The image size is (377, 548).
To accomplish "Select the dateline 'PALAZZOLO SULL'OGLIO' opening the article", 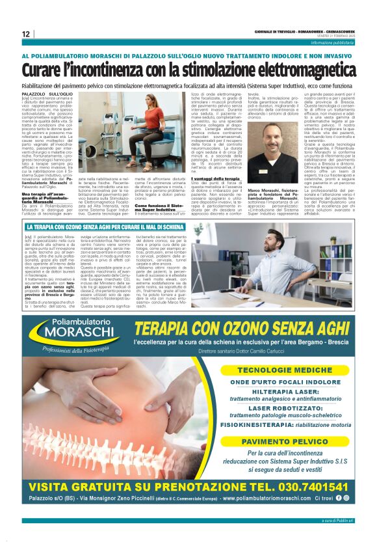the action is (x=45, y=94).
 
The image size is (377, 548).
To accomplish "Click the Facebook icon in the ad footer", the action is (x=338, y=499).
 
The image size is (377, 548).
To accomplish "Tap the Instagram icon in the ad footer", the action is (x=346, y=499).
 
